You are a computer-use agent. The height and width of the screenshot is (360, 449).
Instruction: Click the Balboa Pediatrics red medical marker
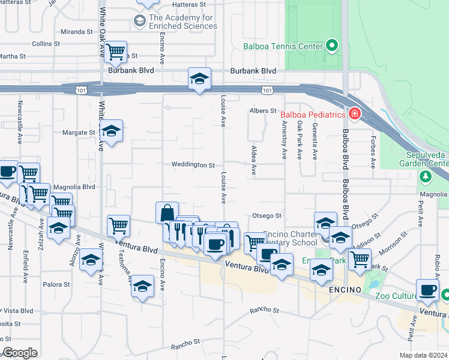[354, 114]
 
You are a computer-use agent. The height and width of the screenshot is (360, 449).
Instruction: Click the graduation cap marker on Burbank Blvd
[200, 79]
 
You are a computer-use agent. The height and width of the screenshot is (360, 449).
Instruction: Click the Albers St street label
[262, 111]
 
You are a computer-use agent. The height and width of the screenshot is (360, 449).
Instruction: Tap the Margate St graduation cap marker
[111, 131]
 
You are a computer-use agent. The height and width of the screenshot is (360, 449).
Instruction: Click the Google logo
[20, 353]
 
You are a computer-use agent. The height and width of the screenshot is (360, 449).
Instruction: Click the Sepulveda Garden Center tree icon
[426, 176]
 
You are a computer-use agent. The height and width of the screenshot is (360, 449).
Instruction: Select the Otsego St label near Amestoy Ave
[267, 216]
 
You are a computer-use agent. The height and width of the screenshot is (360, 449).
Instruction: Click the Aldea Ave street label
[254, 160]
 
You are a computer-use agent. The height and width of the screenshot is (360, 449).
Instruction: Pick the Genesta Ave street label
[314, 142]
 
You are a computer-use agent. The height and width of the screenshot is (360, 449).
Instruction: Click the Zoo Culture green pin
[445, 295]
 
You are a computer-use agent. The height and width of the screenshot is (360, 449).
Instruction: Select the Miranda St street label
[77, 31]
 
